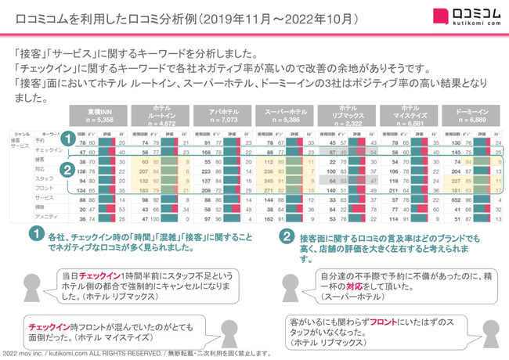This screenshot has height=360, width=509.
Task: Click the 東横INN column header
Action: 101,117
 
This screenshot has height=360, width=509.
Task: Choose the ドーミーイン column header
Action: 472,117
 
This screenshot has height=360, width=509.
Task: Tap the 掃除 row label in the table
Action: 40,207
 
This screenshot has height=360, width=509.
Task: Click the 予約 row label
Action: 40,141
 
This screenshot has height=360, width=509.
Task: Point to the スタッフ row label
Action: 44,178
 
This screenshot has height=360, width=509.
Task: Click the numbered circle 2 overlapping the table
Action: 68,168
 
